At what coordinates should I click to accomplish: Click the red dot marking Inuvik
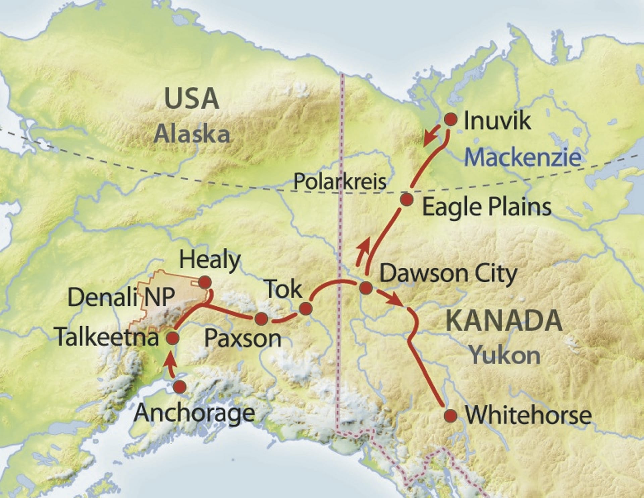[450, 119]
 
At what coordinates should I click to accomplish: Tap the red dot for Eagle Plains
[407, 199]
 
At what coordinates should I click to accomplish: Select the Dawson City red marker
[366, 287]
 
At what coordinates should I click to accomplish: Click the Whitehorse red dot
[450, 416]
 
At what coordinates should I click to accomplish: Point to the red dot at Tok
[306, 308]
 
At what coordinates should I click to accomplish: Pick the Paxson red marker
[261, 319]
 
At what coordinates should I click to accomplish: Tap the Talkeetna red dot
[173, 338]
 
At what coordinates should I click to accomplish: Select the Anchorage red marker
[180, 387]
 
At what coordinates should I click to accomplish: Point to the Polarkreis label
[339, 182]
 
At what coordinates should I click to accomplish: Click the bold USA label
[192, 99]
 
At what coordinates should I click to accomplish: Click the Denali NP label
[121, 297]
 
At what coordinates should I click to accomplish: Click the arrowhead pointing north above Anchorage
[170, 361]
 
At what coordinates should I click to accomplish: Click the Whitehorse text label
[528, 416]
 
